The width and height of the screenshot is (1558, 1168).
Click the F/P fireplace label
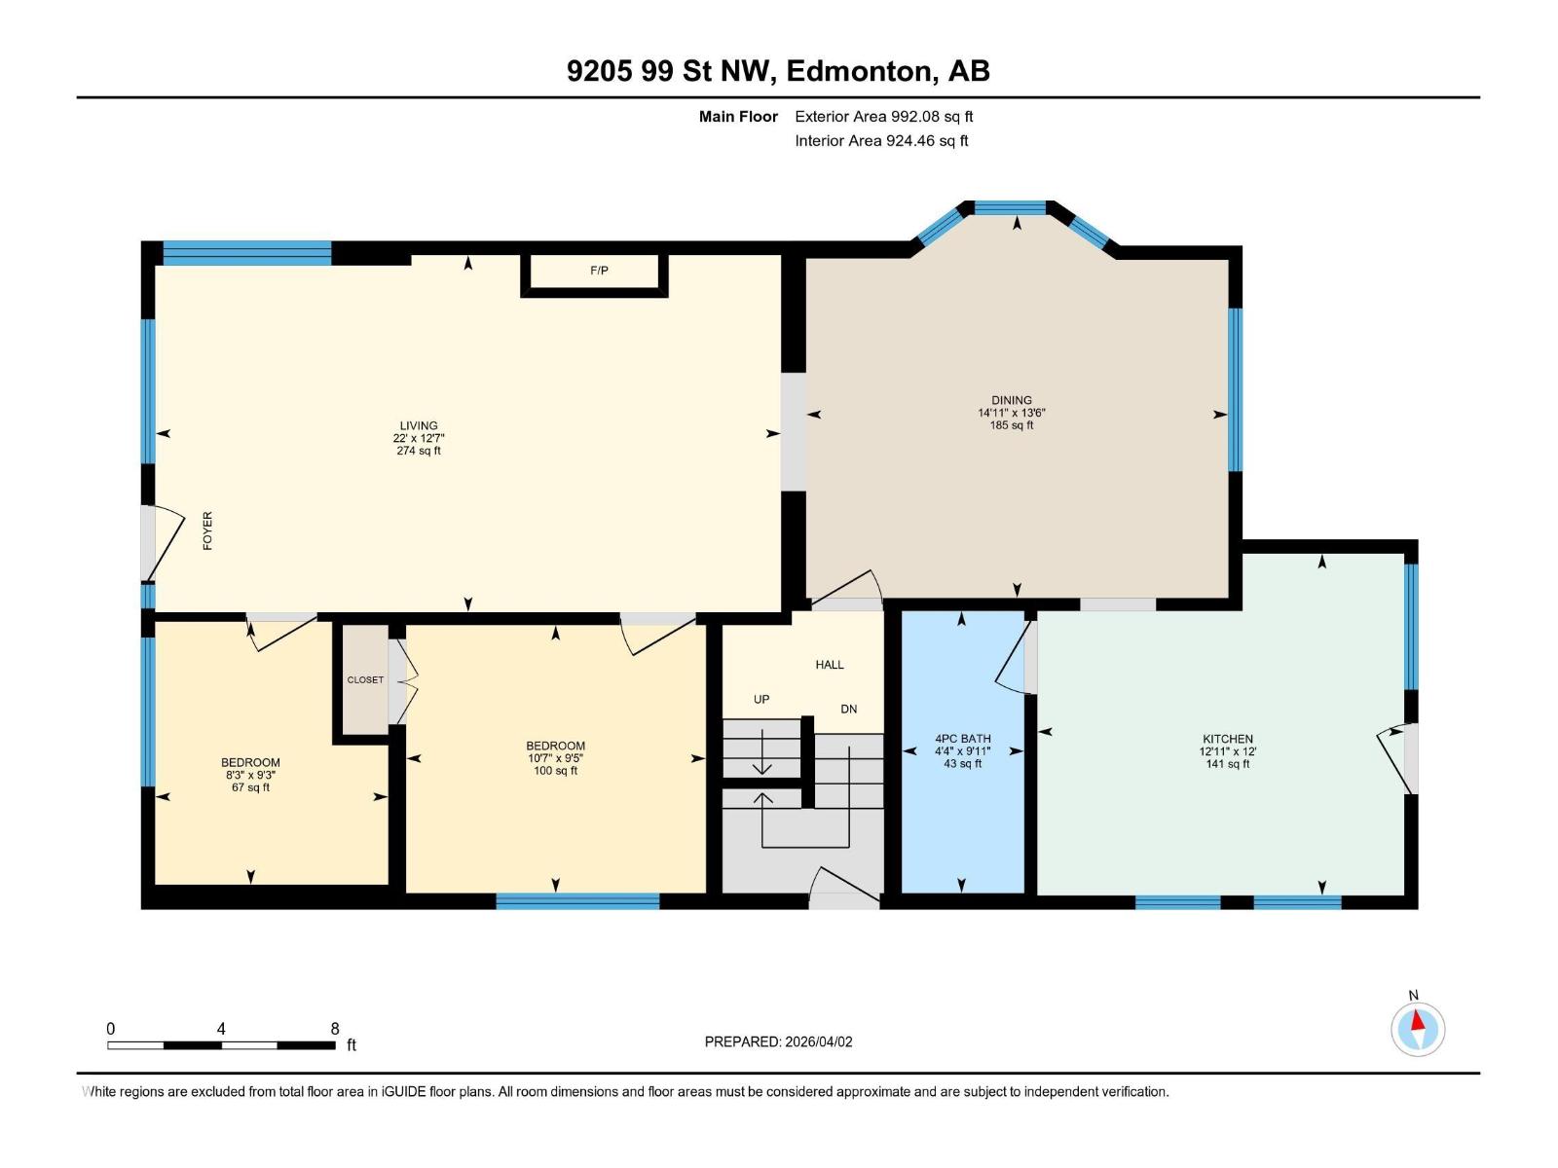(x=599, y=271)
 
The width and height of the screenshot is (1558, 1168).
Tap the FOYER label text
(x=207, y=531)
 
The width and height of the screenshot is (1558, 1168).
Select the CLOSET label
(x=365, y=679)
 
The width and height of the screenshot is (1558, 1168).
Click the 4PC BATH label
(x=962, y=739)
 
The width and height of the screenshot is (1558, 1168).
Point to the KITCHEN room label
(x=1227, y=739)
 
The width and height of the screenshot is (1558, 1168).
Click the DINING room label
(x=1012, y=400)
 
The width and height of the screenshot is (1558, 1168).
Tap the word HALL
(x=830, y=665)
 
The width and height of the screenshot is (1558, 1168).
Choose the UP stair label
(x=761, y=699)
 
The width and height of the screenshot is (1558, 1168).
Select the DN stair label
(x=849, y=709)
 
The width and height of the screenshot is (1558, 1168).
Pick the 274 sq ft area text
(x=419, y=451)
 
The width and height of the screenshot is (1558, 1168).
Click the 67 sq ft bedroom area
(x=250, y=787)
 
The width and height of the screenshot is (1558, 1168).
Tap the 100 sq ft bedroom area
(x=555, y=771)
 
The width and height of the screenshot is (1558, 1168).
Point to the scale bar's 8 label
(x=335, y=1029)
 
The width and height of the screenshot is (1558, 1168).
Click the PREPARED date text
(x=778, y=1041)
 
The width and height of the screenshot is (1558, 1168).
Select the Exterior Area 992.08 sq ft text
(x=884, y=117)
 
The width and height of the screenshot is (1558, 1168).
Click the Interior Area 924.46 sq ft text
(x=881, y=141)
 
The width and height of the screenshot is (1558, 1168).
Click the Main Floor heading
(x=738, y=117)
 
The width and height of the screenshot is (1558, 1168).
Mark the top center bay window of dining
(x=1010, y=207)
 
